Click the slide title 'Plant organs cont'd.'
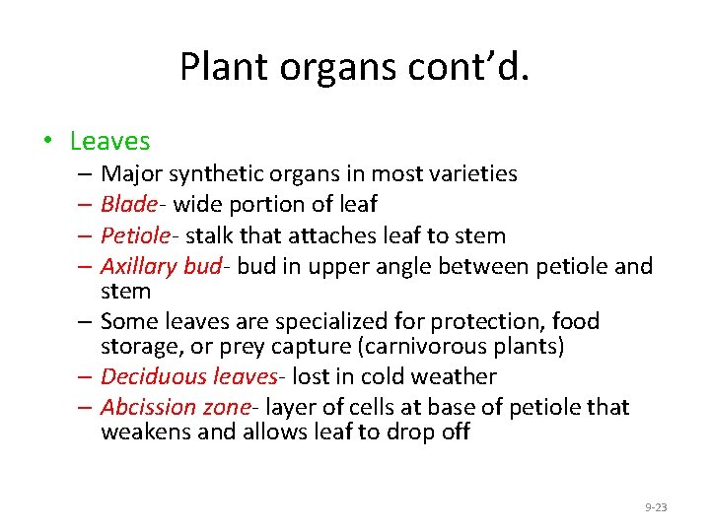(354, 66)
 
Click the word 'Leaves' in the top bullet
(109, 142)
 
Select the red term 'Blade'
(128, 205)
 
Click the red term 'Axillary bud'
(161, 266)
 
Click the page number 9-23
(656, 507)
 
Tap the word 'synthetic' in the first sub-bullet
(218, 174)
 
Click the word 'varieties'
(471, 174)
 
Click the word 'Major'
(131, 174)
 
